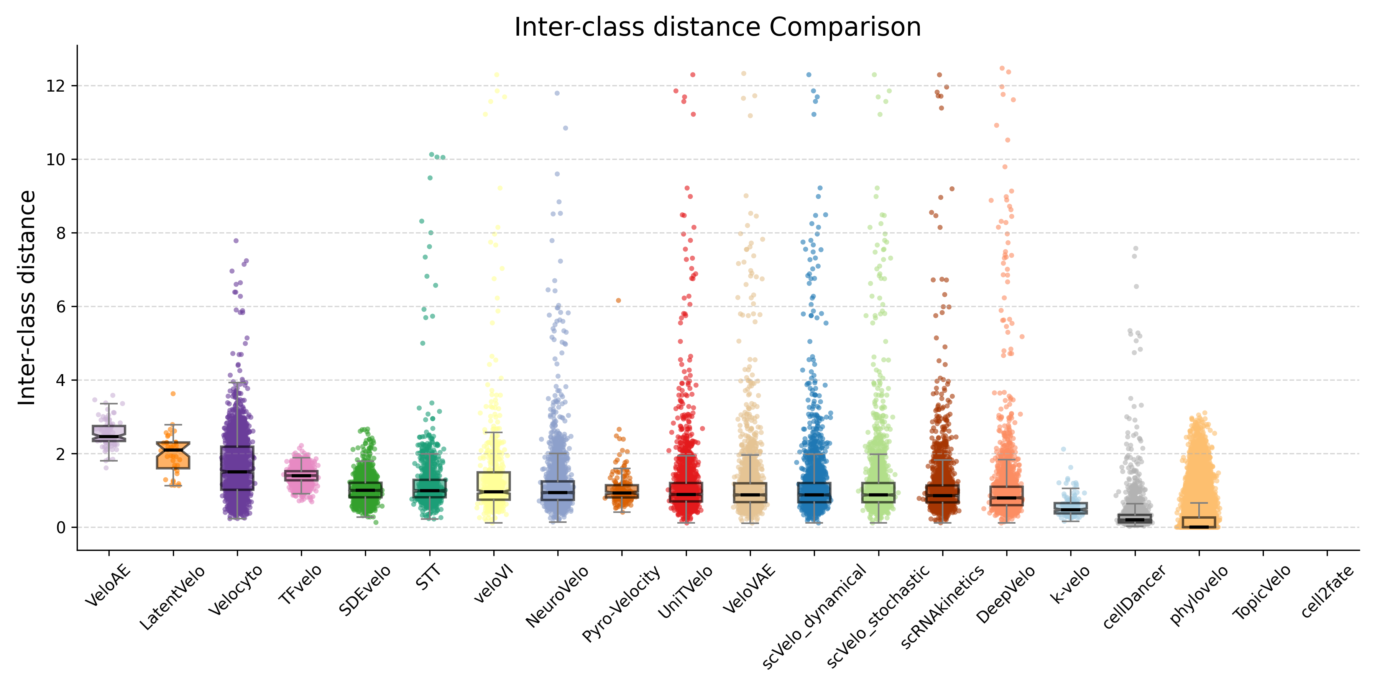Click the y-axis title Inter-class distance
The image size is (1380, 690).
[27, 298]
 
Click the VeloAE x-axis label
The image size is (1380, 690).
[108, 585]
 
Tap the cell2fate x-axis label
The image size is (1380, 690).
[1327, 591]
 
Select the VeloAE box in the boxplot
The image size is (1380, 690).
[109, 433]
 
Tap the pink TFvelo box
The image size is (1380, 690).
[301, 476]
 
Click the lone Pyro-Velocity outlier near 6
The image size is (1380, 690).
[618, 301]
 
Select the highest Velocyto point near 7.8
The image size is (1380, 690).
[236, 240]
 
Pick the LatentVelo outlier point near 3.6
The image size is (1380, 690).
[173, 394]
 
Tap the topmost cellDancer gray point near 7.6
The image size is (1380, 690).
[1135, 248]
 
